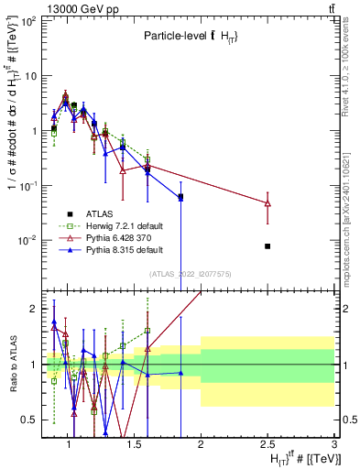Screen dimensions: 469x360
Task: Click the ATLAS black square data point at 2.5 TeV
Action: [x=267, y=246]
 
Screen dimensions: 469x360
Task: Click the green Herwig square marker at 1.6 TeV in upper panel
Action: [x=147, y=160]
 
